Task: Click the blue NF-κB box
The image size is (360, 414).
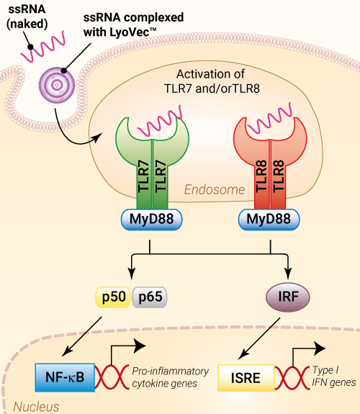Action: click(x=65, y=377)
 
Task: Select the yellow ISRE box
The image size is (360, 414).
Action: click(x=246, y=378)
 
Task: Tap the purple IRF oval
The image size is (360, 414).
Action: click(x=287, y=297)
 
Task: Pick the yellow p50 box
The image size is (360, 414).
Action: click(x=113, y=297)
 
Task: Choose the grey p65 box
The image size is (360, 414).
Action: click(x=150, y=297)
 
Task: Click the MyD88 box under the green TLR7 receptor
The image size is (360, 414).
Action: click(x=152, y=219)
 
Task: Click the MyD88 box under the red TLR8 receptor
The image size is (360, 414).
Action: click(x=269, y=219)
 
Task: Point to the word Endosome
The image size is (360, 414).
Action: click(x=215, y=189)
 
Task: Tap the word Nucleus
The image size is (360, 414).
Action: click(x=36, y=407)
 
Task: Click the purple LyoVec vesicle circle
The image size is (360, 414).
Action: click(x=57, y=85)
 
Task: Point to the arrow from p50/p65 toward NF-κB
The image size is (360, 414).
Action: click(x=82, y=336)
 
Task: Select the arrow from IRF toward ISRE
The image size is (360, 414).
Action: click(x=259, y=338)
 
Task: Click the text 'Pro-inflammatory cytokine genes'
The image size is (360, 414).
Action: click(x=171, y=377)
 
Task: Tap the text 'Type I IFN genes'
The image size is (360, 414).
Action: click(x=334, y=376)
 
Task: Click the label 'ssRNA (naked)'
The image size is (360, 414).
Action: click(x=27, y=17)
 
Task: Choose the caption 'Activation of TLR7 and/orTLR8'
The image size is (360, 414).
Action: click(x=212, y=81)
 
